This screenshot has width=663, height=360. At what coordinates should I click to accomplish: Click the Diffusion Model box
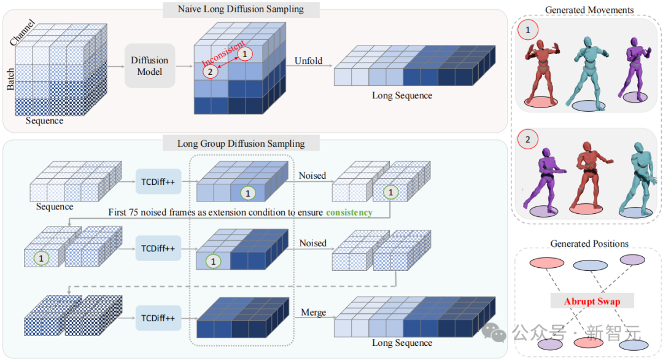150,66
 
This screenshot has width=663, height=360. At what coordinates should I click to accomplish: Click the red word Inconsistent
223,55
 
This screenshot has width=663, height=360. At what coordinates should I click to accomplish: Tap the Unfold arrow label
309,61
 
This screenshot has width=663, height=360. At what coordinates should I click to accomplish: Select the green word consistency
349,212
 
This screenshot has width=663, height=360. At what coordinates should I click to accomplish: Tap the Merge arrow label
313,313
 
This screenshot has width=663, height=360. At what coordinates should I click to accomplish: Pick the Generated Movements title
589,10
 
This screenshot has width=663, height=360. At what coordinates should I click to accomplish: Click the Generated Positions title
589,244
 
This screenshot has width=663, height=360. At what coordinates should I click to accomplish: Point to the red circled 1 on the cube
245,55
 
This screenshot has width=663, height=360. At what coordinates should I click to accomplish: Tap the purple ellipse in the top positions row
632,260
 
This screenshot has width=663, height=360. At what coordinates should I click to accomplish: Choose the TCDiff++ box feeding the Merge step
158,318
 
